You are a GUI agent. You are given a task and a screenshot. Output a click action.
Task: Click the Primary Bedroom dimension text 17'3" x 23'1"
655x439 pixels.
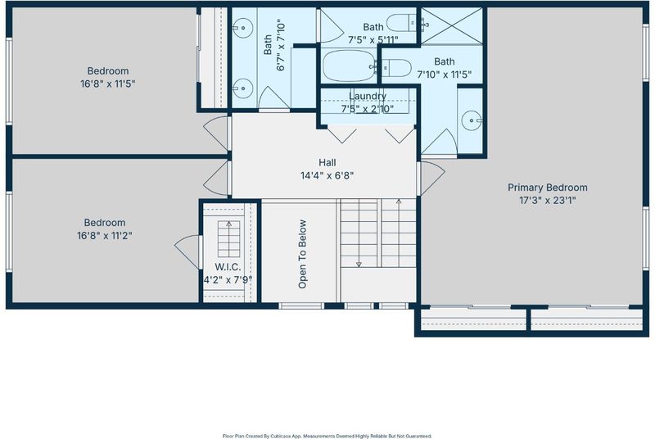(x=547, y=201)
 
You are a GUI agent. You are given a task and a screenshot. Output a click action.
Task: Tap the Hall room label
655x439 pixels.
(x=327, y=162)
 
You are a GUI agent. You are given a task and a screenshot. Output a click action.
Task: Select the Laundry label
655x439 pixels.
(x=368, y=96)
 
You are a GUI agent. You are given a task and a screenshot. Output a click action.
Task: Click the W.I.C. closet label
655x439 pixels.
(x=228, y=267)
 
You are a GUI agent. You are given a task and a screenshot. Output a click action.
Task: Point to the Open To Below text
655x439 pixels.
(x=302, y=254)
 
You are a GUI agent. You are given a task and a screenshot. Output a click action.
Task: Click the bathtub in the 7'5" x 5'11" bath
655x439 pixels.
(x=350, y=66)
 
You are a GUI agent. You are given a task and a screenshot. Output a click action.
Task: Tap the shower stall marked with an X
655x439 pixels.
(x=452, y=26)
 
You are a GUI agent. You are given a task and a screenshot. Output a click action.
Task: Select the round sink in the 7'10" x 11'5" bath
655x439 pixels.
(x=472, y=120)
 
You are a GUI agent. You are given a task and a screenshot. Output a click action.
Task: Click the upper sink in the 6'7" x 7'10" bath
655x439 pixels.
(x=242, y=28)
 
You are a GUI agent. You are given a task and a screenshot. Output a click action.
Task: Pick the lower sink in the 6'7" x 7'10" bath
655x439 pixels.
(x=242, y=88)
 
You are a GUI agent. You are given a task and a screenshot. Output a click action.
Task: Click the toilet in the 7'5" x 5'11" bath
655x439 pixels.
(x=401, y=23)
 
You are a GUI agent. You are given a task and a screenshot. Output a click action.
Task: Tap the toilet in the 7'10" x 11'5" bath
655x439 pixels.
(x=397, y=68)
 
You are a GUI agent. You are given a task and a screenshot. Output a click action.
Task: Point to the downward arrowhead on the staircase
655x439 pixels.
(x=359, y=264)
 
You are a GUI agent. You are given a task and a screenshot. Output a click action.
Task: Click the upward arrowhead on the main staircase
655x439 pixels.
(x=399, y=201)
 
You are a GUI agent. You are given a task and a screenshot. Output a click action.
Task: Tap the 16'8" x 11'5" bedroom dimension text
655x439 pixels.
(x=108, y=84)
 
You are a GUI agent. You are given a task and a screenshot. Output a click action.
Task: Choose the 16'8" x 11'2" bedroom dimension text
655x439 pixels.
(x=105, y=236)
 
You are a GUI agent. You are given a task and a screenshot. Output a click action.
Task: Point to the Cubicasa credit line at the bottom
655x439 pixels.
(x=327, y=436)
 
